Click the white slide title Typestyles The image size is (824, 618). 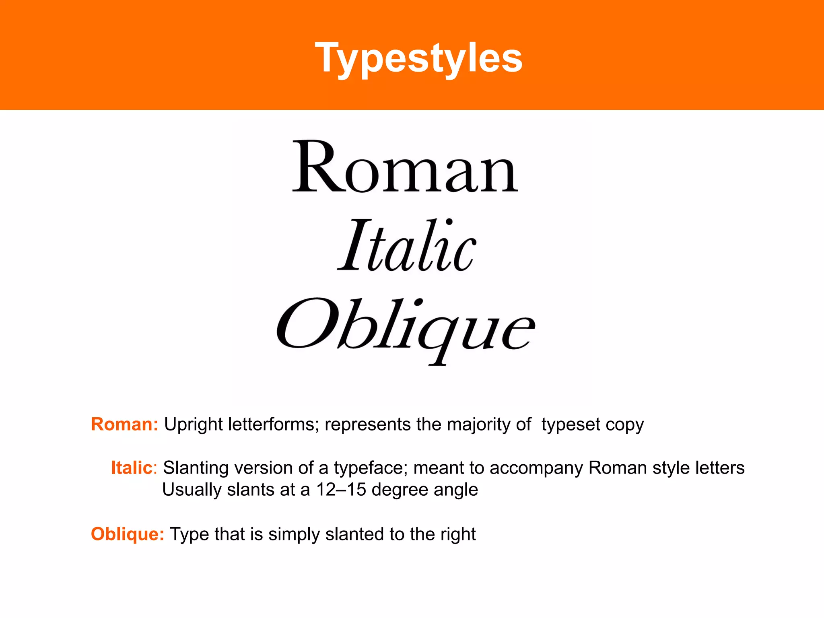click(x=418, y=58)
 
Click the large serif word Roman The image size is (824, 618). click(x=405, y=167)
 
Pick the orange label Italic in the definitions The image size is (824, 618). click(x=132, y=468)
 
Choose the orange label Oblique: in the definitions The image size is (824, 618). click(x=128, y=534)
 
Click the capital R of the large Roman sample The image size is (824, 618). click(x=316, y=167)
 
